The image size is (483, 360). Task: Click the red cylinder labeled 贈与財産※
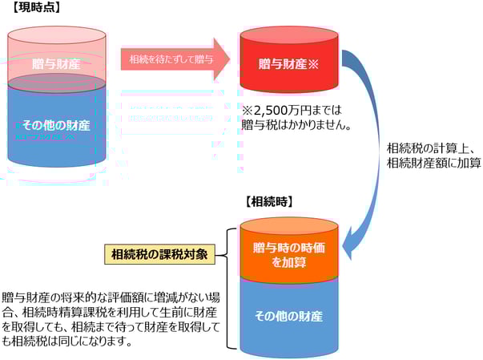[x=289, y=63]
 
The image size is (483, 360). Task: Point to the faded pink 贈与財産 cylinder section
[x=56, y=63]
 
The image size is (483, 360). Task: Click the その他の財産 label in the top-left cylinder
[x=56, y=125]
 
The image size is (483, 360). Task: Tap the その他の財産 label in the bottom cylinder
[x=291, y=316]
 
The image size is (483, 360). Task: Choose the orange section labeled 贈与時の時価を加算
[x=289, y=254]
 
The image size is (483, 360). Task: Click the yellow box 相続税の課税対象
[x=160, y=255]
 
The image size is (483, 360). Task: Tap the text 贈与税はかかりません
[x=296, y=126]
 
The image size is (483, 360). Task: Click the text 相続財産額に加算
[x=433, y=163]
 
